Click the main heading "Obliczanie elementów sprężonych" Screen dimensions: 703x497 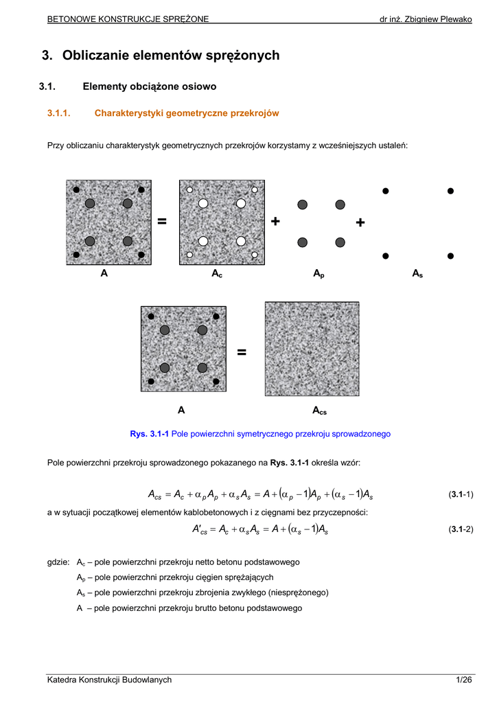coord(171,56)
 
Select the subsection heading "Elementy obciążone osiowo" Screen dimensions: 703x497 coord(149,87)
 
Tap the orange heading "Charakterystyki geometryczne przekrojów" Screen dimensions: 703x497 coord(186,113)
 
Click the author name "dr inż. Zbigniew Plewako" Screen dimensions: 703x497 coord(426,19)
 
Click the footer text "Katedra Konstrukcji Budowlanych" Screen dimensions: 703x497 coord(109,680)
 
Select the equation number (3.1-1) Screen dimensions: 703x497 coord(460,494)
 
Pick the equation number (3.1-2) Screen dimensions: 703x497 coord(460,529)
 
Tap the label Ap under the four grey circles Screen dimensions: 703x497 coord(319,274)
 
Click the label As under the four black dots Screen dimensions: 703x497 coord(417,274)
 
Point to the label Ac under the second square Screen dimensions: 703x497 coord(216,274)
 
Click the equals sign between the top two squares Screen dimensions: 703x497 coord(162,221)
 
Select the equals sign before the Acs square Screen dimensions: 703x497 coord(242,352)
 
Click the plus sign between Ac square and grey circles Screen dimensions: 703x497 coord(275,221)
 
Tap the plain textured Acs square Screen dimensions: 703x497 coord(312,349)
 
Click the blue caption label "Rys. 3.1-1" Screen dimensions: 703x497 coord(149,434)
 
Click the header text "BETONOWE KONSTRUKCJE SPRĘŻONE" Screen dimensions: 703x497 coord(128,19)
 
